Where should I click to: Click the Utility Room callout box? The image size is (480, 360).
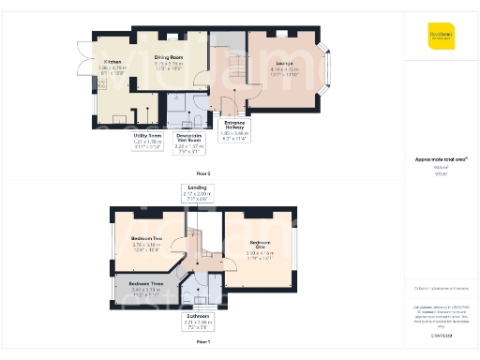click(148, 141)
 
